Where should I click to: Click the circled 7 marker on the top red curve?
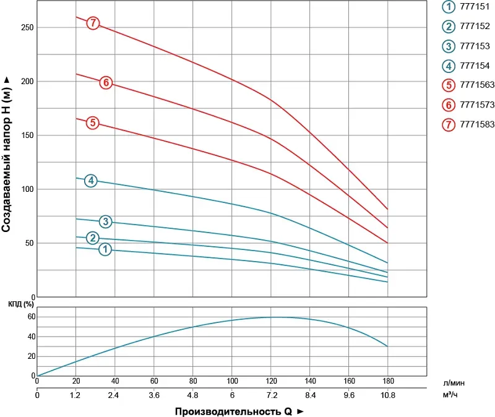pos(93,24)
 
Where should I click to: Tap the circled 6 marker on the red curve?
pos(106,82)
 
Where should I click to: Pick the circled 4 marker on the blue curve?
pos(91,181)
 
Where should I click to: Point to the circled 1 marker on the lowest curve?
pos(105,249)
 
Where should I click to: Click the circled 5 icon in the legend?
pos(449,85)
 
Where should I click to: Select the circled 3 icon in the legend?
pos(449,46)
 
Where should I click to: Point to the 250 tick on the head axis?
pos(25,28)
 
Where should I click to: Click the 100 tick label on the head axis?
pos(25,189)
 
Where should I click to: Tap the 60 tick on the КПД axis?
pos(31,317)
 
